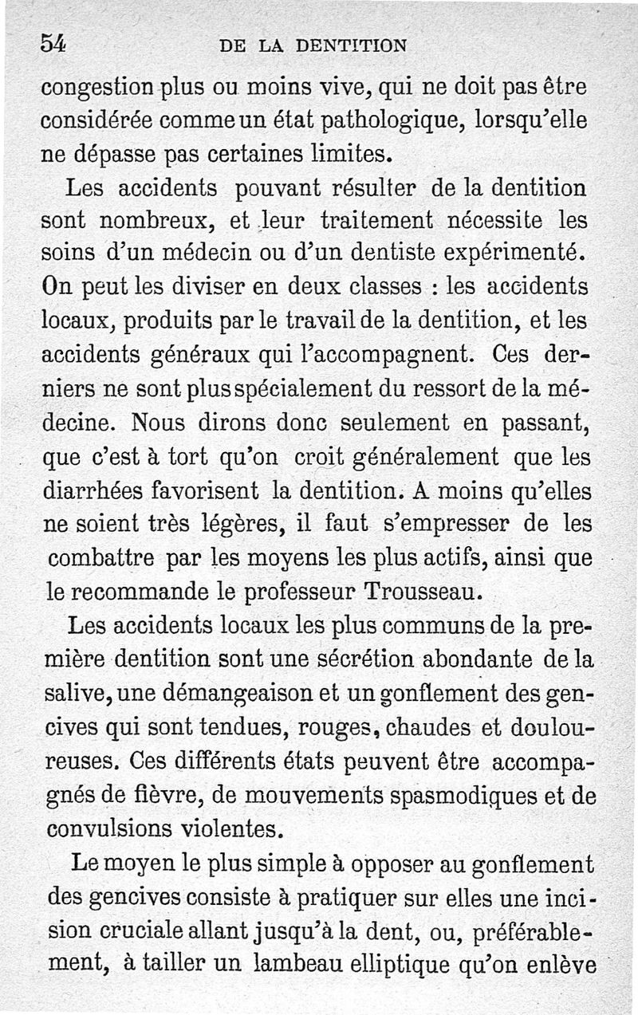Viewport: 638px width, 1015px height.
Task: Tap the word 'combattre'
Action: pos(102,559)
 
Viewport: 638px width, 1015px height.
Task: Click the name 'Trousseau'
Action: pos(423,592)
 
